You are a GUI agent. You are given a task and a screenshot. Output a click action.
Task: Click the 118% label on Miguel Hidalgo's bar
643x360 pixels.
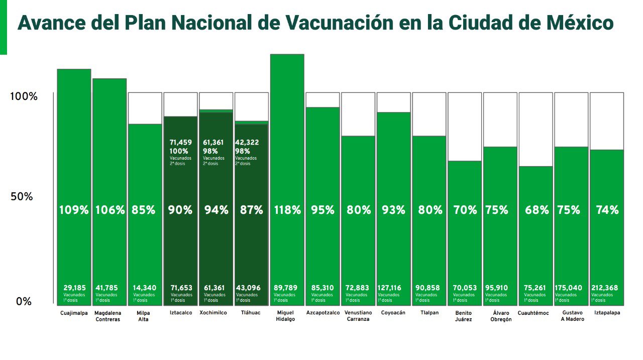coord(287,210)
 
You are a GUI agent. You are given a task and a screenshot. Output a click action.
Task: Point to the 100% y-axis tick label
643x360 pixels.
coord(24,96)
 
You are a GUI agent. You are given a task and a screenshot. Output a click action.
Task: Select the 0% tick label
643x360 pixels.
coord(24,302)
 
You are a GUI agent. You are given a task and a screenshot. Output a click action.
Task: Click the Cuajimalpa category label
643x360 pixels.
coord(73,313)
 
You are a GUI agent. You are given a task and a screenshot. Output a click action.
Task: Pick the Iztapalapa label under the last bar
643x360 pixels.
coord(606,313)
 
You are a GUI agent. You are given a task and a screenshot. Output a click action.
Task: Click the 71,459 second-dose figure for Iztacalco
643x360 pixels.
coord(181,143)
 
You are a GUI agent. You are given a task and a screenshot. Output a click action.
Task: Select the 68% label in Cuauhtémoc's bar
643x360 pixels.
coord(537,210)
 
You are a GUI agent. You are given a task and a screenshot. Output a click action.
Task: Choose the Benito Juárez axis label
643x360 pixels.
coord(463,316)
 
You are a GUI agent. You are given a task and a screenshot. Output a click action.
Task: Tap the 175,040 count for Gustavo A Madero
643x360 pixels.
coord(569,288)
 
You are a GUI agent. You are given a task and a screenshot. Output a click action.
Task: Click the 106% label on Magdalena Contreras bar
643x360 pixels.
coord(110,210)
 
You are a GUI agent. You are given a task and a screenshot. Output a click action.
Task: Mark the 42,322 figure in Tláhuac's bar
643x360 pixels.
coord(247,143)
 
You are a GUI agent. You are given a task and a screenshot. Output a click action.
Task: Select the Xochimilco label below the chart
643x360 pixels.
coord(216,313)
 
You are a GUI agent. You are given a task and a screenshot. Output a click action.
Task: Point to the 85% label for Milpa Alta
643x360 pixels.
coord(144,210)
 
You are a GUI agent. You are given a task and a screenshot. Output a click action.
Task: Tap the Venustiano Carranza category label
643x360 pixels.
coord(358,316)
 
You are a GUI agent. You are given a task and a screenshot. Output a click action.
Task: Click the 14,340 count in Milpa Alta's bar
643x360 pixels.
coord(145,288)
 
